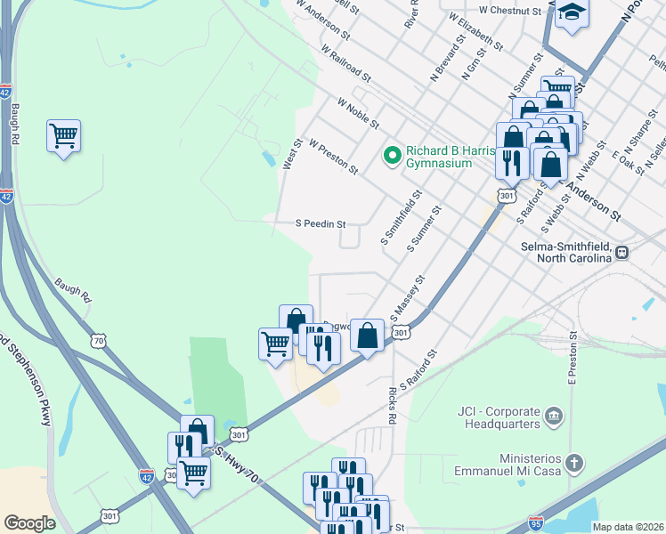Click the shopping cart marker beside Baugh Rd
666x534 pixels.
tap(63, 136)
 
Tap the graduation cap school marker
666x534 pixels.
tap(573, 14)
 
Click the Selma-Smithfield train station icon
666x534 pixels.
tap(623, 252)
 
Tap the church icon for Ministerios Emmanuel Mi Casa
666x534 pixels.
tap(576, 463)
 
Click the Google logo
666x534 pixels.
tap(29, 523)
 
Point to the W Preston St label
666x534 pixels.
tap(333, 156)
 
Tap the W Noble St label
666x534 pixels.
tap(358, 114)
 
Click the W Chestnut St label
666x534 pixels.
tap(509, 11)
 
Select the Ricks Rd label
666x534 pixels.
tap(392, 405)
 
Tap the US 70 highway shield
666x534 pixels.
tap(97, 340)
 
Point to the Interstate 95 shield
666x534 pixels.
tap(535, 522)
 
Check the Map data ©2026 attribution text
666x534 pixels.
tap(628, 527)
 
